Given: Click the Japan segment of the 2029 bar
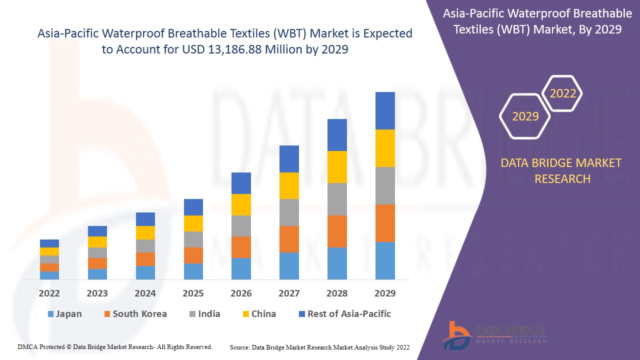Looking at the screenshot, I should [x=385, y=260].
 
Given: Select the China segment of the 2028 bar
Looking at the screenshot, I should [x=337, y=167].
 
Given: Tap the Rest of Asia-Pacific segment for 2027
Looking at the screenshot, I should [x=289, y=159].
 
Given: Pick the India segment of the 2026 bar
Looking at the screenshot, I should [x=241, y=226].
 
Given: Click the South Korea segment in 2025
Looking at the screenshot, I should [x=193, y=255].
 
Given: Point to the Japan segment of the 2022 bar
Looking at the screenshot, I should [x=49, y=275].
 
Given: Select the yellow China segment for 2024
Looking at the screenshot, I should [x=145, y=232].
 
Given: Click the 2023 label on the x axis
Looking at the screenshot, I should [x=97, y=293].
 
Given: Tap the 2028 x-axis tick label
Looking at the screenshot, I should [x=337, y=293].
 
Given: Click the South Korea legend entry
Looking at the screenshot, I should [x=134, y=314].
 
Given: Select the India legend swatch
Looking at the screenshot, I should [x=192, y=314].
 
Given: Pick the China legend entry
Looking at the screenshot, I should [x=258, y=314].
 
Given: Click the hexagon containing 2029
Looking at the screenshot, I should [x=525, y=116].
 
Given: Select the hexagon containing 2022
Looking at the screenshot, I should [x=562, y=93].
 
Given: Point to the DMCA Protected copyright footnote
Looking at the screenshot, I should [x=115, y=347].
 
